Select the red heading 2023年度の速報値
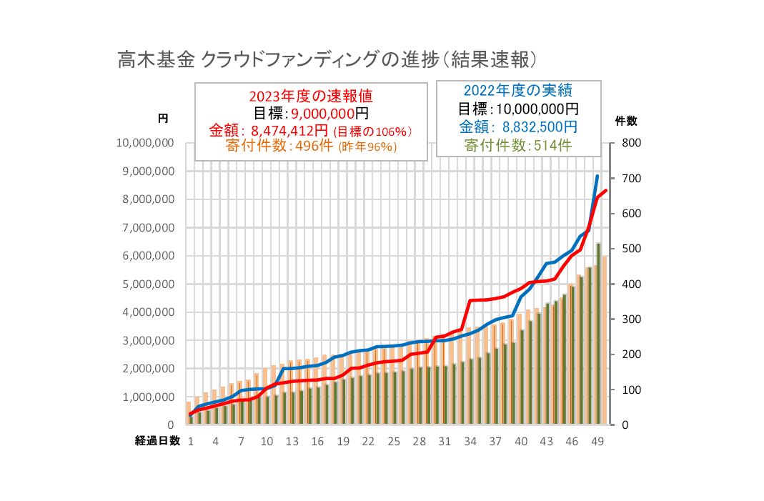[x=311, y=96]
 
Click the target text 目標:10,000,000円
[x=518, y=109]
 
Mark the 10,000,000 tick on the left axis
[x=145, y=144]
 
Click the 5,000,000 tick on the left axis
[x=148, y=284]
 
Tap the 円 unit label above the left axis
[x=163, y=119]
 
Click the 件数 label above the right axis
[x=626, y=121]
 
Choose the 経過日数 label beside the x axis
[x=158, y=441]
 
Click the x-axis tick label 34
[x=470, y=442]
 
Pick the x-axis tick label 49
[x=597, y=442]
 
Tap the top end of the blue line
[x=597, y=176]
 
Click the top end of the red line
[x=606, y=190]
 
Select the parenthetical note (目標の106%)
[x=374, y=132]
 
